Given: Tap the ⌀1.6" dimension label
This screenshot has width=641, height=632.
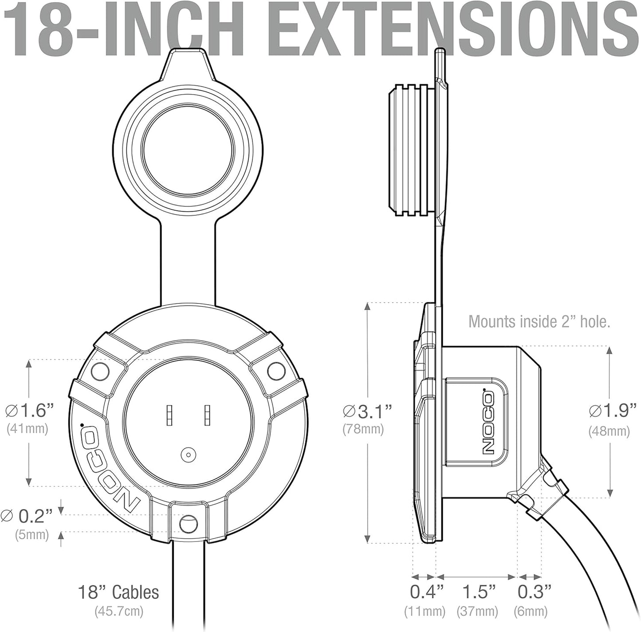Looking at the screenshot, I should click(30, 411).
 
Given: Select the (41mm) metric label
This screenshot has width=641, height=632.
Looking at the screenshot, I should click(28, 429).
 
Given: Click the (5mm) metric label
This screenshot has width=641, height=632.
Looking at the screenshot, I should click(31, 534).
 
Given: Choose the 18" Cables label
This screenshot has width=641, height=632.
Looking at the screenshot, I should click(118, 592).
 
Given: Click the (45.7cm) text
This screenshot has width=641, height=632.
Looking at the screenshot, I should click(118, 611).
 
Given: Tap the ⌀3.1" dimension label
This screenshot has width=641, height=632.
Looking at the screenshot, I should click(367, 411).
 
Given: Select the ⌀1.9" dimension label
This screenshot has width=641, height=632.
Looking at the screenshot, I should click(610, 411).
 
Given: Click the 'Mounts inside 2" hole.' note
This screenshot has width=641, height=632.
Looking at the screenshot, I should click(539, 321).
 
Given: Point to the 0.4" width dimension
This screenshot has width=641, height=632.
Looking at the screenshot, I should click(426, 592).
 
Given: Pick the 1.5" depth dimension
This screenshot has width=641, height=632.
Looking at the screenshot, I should click(479, 592).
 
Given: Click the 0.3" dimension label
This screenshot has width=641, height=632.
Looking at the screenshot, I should click(535, 592).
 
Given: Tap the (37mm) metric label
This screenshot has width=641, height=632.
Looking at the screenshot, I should click(477, 611).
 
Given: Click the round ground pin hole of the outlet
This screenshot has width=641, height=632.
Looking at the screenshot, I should click(189, 454).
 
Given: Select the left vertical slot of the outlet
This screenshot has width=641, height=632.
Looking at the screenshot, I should click(169, 415).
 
